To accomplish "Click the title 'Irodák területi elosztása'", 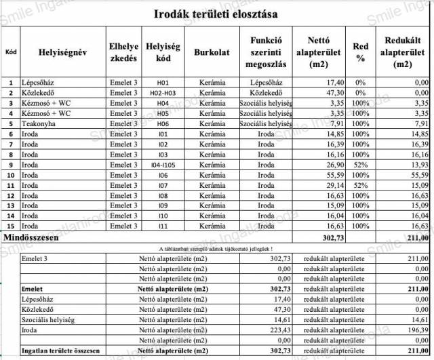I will click(216, 14).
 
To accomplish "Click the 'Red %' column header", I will click(360, 52).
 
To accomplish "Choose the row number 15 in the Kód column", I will click(10, 226).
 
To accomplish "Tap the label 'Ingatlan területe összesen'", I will click(60, 351).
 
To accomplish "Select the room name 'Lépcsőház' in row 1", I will click(39, 82).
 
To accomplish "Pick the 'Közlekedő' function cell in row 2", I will click(267, 93).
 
